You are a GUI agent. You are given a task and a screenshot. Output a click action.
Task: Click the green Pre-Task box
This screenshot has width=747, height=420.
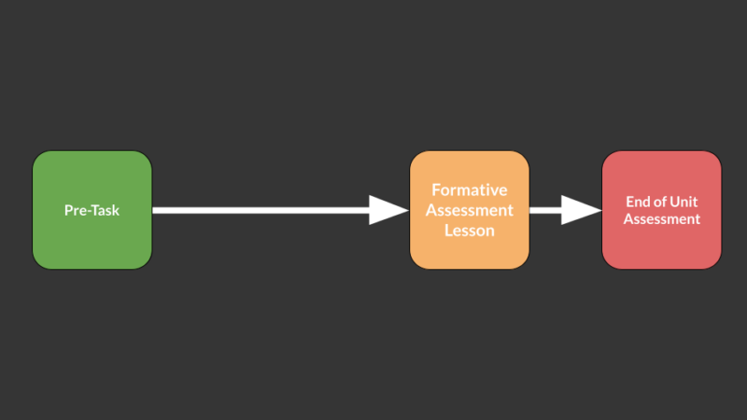[x=92, y=210]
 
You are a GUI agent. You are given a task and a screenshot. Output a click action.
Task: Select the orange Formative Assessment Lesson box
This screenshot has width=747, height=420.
[x=470, y=210]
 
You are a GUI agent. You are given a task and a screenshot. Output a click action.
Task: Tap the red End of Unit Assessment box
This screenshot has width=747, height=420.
[x=662, y=210]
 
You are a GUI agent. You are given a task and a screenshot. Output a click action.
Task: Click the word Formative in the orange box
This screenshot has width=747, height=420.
[x=470, y=190]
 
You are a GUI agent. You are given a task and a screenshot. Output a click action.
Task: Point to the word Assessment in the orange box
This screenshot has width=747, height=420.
[x=470, y=210]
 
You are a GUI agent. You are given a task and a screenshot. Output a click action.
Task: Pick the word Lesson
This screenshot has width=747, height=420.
[x=470, y=231]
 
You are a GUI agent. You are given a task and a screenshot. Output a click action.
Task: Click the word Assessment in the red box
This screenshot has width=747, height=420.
[x=662, y=219]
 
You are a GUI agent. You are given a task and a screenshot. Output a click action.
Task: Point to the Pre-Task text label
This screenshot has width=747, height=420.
[x=92, y=210]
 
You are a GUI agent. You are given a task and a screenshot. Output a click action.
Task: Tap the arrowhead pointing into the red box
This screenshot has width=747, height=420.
[x=581, y=210]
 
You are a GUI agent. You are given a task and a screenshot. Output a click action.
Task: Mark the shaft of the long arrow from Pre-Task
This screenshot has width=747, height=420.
[x=261, y=210]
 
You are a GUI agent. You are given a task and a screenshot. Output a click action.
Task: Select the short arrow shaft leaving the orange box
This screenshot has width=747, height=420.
[x=546, y=210]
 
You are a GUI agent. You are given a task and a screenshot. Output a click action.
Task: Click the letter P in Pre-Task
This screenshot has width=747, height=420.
[x=68, y=210]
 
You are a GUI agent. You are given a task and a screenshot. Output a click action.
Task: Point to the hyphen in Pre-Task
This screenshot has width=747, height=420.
[x=88, y=212]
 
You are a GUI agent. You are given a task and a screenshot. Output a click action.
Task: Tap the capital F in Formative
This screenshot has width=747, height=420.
[x=436, y=190]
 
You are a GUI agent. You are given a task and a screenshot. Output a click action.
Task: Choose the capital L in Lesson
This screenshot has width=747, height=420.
[x=449, y=231]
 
